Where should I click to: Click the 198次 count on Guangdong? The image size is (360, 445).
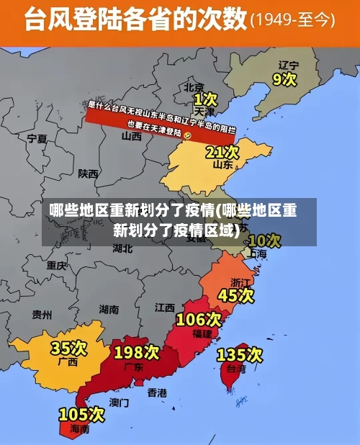137,352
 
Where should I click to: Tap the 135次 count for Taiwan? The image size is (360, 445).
240,354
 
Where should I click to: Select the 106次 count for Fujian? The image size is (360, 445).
199,319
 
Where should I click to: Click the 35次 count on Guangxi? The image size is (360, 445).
68,349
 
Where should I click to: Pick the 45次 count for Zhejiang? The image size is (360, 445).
236,295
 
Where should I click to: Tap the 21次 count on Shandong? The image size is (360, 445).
222,152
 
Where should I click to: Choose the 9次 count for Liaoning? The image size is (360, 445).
284,78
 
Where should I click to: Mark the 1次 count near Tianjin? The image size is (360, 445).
205,98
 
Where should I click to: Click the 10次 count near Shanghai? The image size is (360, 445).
264,240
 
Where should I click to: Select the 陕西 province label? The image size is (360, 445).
89,173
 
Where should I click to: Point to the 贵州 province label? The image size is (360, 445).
42,315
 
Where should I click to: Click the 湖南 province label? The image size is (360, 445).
109,310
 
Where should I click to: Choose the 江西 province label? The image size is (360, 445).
165,307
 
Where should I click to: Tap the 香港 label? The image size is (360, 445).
157,392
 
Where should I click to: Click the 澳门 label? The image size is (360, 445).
119,402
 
